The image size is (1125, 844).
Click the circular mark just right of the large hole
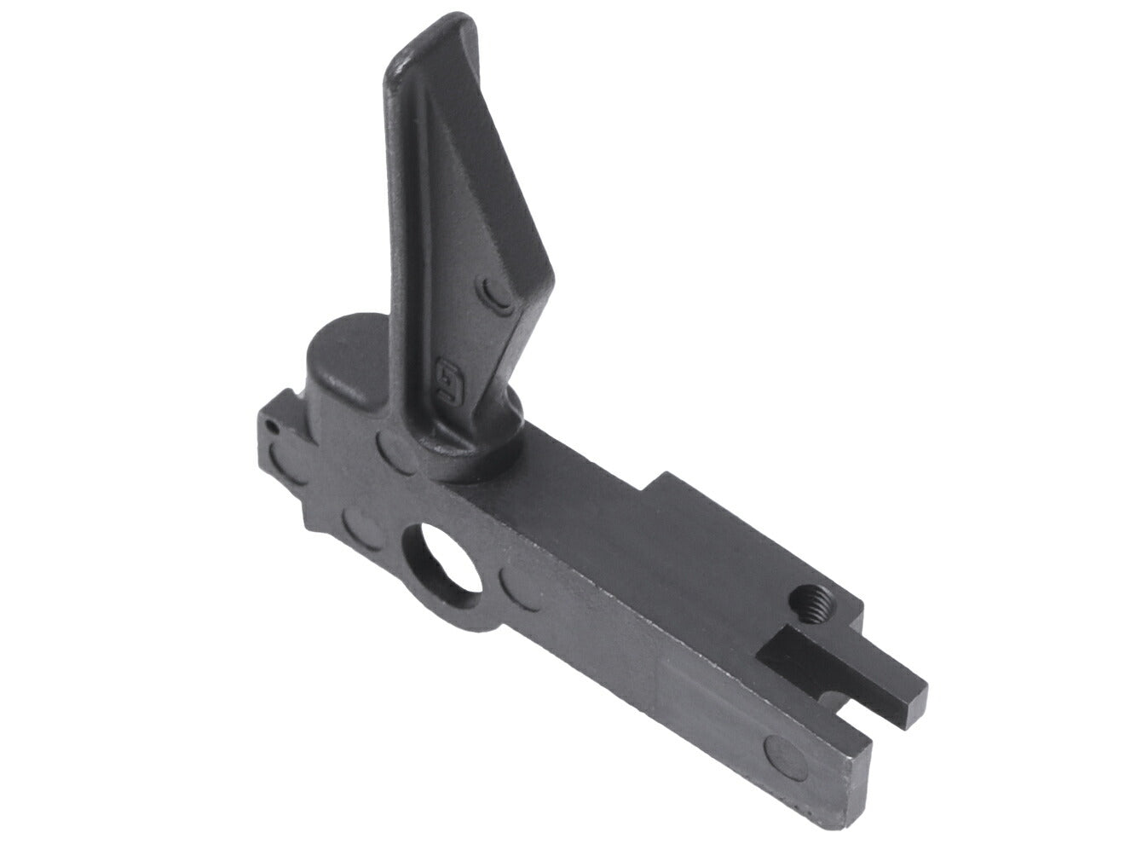click(x=520, y=587)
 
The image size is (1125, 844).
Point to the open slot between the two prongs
click(x=861, y=716)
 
